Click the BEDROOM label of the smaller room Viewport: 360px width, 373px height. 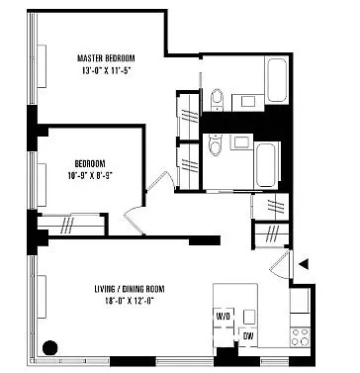[x=89, y=163]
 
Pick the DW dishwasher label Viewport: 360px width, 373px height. [x=247, y=335]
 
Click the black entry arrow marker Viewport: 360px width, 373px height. [x=306, y=263]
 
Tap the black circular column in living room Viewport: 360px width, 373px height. [x=51, y=346]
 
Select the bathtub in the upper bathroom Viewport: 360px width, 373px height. [x=275, y=81]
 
